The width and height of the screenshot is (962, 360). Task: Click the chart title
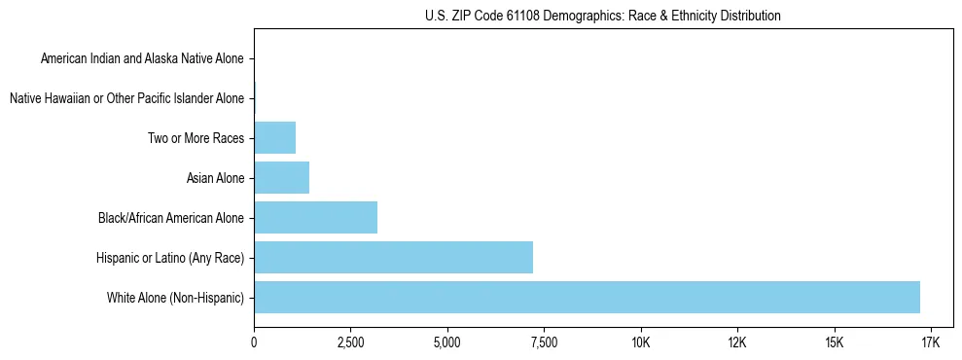click(603, 16)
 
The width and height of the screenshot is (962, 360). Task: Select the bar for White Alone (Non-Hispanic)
click(587, 297)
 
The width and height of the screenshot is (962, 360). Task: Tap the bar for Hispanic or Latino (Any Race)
click(393, 257)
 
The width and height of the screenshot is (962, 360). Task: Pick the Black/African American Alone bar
click(315, 217)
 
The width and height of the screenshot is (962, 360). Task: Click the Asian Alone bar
click(281, 177)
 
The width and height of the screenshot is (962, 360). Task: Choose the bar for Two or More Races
click(274, 138)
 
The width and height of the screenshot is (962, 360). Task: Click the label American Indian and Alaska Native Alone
click(142, 59)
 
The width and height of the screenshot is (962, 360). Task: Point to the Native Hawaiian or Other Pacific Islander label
click(126, 98)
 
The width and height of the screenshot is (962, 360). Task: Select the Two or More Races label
click(196, 138)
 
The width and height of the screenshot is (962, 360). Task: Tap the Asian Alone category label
click(215, 178)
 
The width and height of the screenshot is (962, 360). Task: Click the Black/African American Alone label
click(171, 217)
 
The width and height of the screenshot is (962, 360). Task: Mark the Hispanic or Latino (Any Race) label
click(170, 257)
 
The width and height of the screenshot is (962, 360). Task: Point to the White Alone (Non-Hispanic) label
click(175, 297)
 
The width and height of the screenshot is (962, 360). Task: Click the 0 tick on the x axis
click(254, 343)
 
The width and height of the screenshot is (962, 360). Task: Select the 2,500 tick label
click(350, 343)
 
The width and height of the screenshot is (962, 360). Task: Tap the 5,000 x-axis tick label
click(446, 343)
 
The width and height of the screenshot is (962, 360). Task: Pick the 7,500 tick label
click(543, 343)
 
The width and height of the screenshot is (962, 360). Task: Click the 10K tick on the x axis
click(640, 343)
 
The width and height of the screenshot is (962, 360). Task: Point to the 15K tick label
click(833, 343)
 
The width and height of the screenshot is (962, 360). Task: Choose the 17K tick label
click(929, 343)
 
